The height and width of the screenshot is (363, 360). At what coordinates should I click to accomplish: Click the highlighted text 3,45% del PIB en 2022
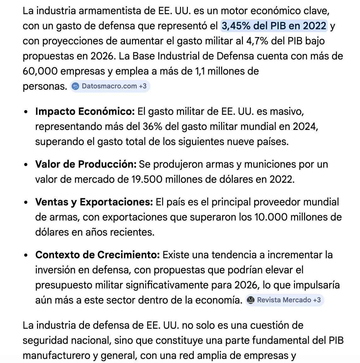click(x=274, y=26)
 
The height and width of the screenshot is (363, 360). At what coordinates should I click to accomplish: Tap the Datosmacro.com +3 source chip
click(x=110, y=86)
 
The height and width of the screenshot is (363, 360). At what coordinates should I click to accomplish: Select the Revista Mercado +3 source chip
click(x=285, y=300)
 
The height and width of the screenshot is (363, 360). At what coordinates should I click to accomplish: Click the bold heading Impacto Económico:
click(x=85, y=111)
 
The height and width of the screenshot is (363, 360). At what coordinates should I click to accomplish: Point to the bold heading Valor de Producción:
click(x=86, y=164)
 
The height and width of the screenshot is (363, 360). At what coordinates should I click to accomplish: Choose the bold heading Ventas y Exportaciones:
click(x=94, y=202)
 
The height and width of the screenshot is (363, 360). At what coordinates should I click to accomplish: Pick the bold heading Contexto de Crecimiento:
click(x=98, y=255)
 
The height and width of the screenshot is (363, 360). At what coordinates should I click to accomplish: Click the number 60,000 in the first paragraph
click(x=40, y=71)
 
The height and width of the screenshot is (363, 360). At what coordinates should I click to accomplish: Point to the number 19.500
click(x=146, y=179)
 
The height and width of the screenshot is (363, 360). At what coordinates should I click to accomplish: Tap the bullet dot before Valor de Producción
click(x=26, y=165)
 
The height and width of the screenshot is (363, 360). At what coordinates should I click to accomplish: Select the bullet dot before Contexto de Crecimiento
click(x=26, y=255)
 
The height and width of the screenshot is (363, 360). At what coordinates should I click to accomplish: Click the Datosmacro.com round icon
click(x=75, y=86)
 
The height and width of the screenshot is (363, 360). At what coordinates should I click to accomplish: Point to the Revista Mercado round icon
click(x=250, y=300)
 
